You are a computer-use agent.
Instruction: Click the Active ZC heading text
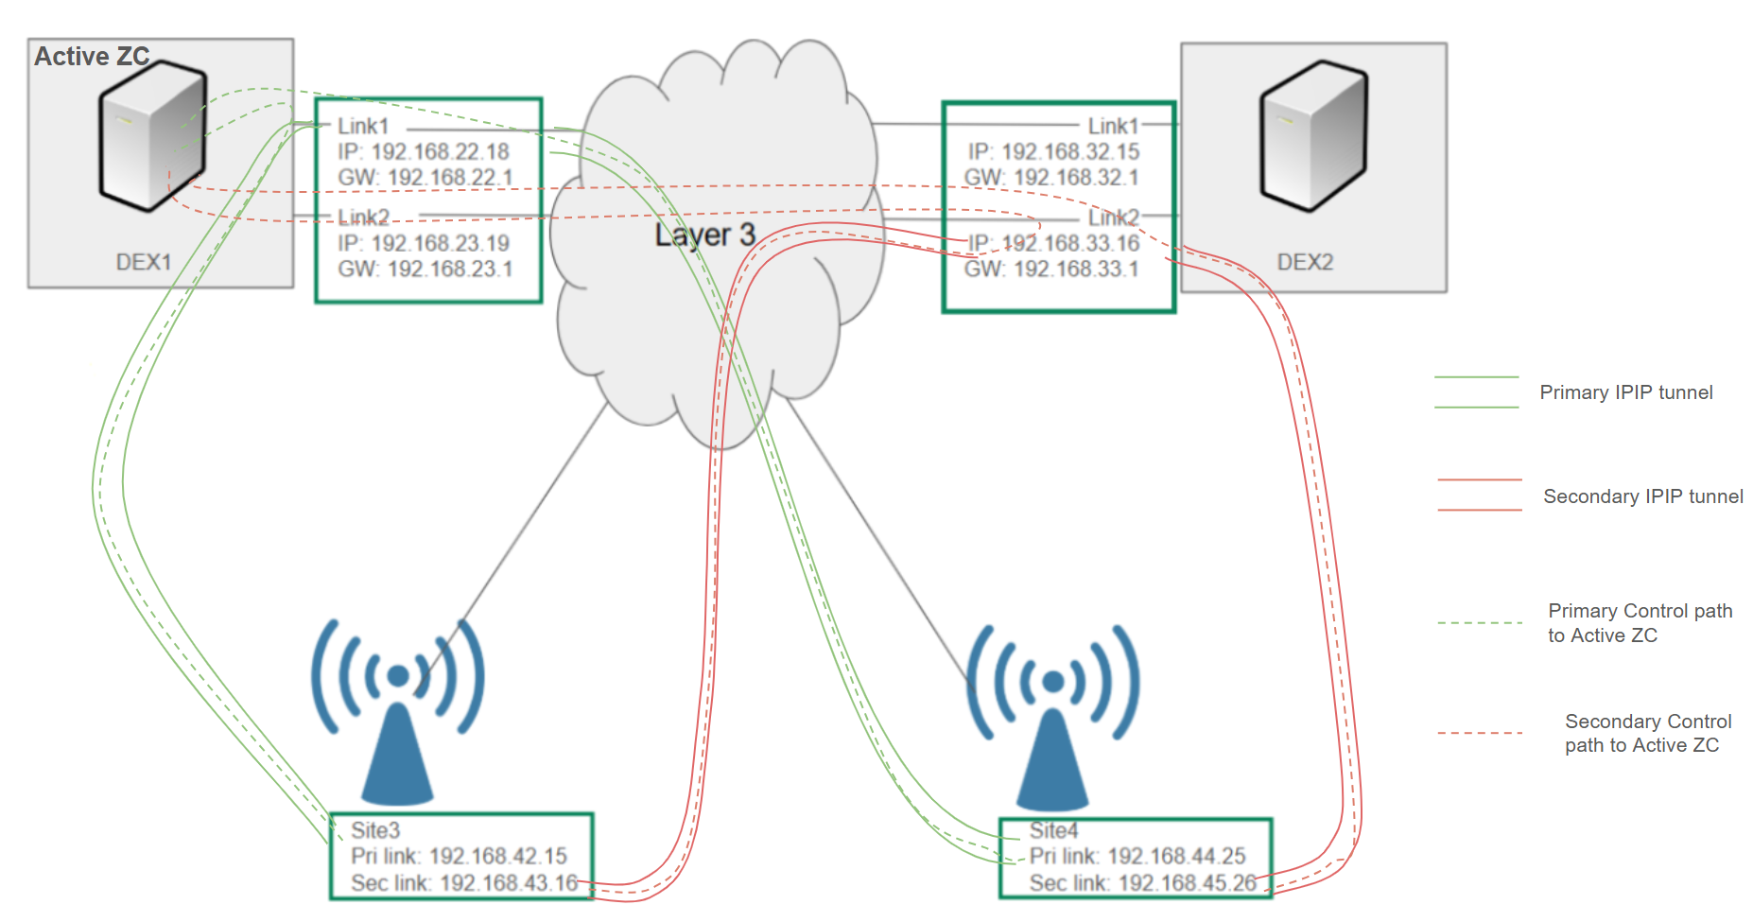pos(92,57)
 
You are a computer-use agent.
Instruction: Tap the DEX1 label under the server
pos(144,262)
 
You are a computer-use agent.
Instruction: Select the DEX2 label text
pos(1305,262)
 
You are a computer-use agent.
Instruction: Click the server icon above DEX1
pos(152,135)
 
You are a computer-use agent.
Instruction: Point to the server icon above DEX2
pos(1313,135)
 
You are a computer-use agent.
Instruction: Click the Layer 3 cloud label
pos(704,235)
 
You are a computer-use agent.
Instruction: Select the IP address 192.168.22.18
pos(424,151)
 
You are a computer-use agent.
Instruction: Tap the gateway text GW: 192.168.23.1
pos(425,269)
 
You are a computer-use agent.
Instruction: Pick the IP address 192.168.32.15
pos(1053,151)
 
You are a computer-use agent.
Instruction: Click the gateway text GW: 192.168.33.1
pos(1051,269)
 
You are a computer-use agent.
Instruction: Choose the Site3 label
pos(375,830)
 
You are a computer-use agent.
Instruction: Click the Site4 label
pos(1053,830)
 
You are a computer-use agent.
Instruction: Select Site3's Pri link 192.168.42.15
pos(459,856)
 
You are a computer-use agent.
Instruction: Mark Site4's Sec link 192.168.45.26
pos(1142,883)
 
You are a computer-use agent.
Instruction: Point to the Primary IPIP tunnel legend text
pos(1626,392)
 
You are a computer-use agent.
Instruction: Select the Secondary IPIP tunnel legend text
pos(1643,496)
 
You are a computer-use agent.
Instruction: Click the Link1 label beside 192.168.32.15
pos(1113,126)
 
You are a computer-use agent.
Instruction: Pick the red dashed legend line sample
pos(1480,733)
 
